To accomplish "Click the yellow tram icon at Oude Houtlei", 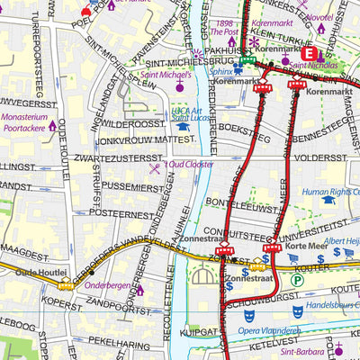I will pos(66,284).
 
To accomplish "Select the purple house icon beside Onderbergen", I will pos(139,290).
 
